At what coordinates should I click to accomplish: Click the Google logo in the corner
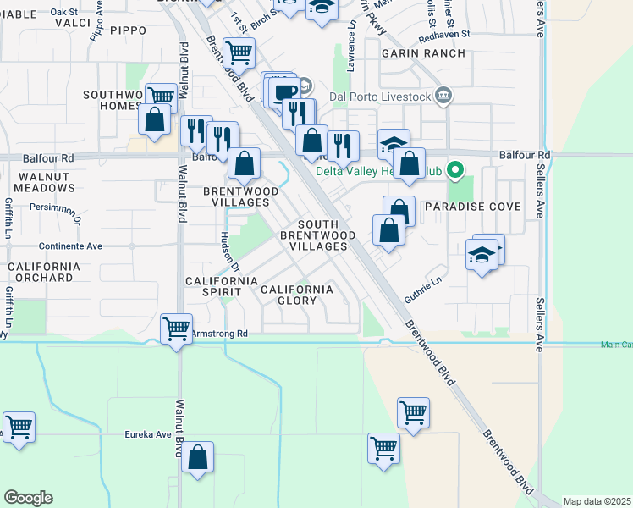coord(28,498)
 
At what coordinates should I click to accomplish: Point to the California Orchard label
coord(44,272)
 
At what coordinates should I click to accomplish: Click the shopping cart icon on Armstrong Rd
coord(176,328)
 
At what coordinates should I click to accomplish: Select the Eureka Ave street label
coord(148,434)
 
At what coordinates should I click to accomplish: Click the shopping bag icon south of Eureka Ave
coord(197,458)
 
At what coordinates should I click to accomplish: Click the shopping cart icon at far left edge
coord(18,426)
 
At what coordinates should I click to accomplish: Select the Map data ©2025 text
coord(597,501)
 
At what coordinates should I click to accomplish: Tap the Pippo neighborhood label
coord(129,30)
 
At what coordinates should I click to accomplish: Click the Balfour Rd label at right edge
coord(525,156)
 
